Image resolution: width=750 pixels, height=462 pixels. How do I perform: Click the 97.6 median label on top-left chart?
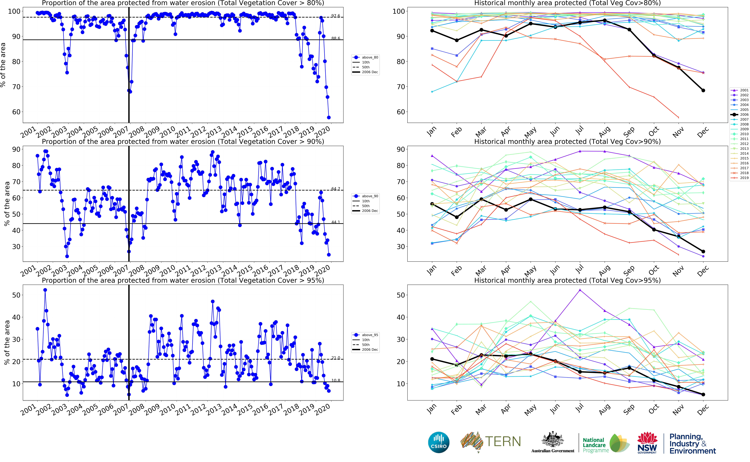click(x=335, y=16)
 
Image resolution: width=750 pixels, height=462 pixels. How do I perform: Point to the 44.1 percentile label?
click(x=335, y=222)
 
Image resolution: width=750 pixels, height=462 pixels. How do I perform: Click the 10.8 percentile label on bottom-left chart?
click(x=335, y=380)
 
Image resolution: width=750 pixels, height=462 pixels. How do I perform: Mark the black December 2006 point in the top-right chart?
click(x=703, y=90)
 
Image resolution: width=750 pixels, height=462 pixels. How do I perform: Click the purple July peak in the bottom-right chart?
click(x=580, y=290)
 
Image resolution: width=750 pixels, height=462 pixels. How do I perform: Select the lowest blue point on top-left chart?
click(x=329, y=117)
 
